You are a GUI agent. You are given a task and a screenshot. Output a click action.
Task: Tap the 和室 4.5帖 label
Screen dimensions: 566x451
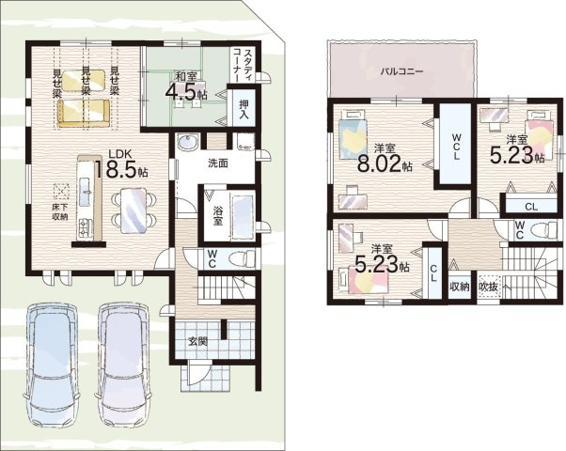tap(186, 86)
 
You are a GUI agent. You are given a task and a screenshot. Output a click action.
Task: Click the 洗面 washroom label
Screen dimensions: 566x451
tap(218, 163)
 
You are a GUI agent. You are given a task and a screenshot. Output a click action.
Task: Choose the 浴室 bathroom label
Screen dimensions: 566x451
tap(217, 216)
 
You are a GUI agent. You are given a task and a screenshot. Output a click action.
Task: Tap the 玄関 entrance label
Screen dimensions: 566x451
tap(197, 340)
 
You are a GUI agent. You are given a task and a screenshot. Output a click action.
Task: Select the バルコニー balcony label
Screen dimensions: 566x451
tap(402, 71)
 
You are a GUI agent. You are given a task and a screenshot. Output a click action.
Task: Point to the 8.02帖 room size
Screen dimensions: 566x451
tap(385, 164)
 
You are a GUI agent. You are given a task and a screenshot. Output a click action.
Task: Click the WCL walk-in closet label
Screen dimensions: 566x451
tap(457, 147)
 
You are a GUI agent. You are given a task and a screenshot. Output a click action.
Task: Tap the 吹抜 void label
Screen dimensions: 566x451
tap(489, 287)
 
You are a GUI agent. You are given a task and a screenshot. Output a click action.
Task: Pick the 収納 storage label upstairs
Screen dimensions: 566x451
tap(460, 287)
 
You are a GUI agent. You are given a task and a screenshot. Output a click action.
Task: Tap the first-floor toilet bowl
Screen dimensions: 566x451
tap(244, 258)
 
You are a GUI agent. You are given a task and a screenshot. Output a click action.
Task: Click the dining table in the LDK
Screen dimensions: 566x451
tap(134, 211)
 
